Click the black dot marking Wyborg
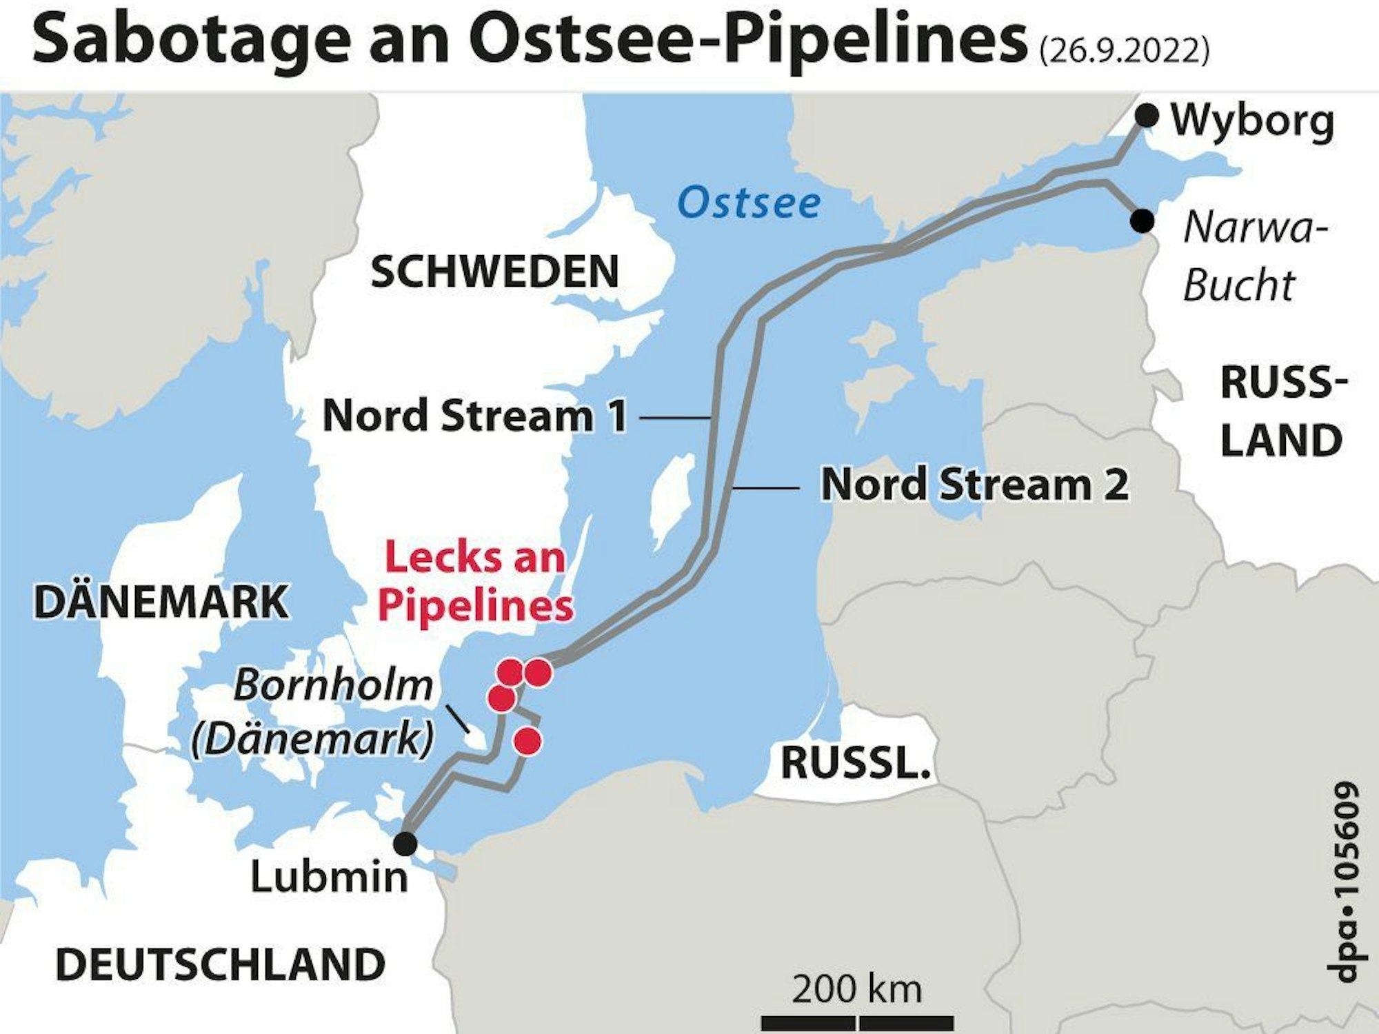click(1147, 115)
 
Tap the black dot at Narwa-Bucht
click(1143, 221)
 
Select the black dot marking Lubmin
click(405, 842)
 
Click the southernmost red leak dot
click(528, 742)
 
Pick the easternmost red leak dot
click(538, 672)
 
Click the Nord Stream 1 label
click(475, 416)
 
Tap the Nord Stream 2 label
click(974, 485)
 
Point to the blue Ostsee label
click(749, 203)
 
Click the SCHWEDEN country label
click(494, 272)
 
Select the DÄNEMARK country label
click(161, 602)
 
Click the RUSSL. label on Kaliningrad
click(855, 763)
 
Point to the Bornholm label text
click(334, 686)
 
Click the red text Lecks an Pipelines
click(476, 581)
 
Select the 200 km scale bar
click(857, 1022)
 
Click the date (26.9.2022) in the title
click(1124, 50)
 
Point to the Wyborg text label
click(1252, 121)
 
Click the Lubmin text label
click(329, 877)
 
